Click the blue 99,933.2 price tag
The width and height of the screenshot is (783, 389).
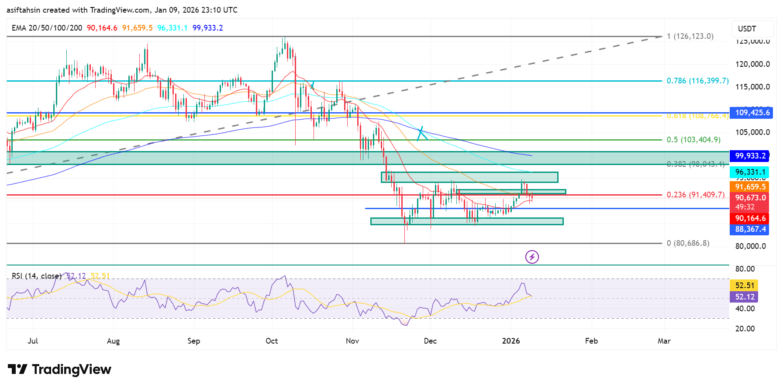coord(749,156)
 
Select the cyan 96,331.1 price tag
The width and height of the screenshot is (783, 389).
coord(749,172)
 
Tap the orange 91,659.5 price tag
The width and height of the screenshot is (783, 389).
coord(749,187)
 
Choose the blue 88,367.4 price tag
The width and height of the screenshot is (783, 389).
coord(749,229)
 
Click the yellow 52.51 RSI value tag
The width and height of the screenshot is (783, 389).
coord(744,286)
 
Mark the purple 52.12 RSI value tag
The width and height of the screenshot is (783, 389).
coord(744,297)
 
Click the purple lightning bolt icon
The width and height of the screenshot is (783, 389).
coord(532,257)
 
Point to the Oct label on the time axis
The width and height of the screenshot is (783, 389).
coord(272,341)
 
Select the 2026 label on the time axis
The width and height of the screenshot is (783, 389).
coord(511,341)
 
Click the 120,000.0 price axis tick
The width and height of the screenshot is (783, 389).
coord(752,64)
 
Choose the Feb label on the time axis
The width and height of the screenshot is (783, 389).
coord(591,341)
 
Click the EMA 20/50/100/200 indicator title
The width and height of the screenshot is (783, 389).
coord(47,28)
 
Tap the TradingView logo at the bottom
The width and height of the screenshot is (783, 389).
coord(60,369)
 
